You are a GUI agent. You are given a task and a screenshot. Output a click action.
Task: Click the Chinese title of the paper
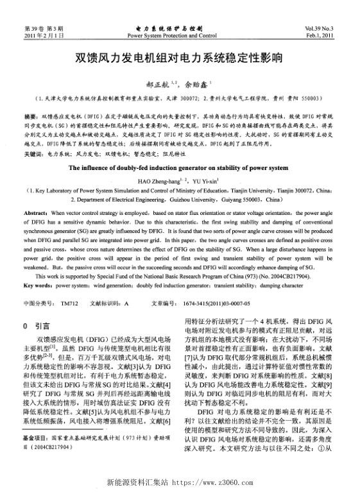click(179, 58)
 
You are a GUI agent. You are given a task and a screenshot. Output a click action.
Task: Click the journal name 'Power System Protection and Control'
click(180, 37)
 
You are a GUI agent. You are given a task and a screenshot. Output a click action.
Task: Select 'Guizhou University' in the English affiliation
click(207, 200)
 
